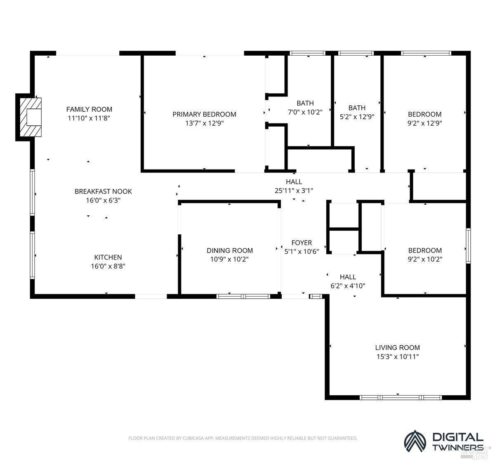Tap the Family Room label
(89, 109)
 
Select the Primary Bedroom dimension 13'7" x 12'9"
(204, 123)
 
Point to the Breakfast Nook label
(103, 191)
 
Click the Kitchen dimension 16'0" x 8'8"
(108, 266)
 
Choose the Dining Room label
(229, 250)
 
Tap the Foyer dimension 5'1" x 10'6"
(302, 251)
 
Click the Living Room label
(398, 347)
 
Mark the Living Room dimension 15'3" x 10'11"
(398, 356)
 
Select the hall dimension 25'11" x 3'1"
(294, 191)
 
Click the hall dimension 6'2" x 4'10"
(348, 286)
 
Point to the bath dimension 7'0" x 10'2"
(305, 112)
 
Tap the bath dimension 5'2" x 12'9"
(357, 117)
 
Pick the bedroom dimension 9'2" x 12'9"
(425, 123)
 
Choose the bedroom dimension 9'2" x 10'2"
(425, 259)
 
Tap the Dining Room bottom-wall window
(243, 296)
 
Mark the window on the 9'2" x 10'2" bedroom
(468, 246)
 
